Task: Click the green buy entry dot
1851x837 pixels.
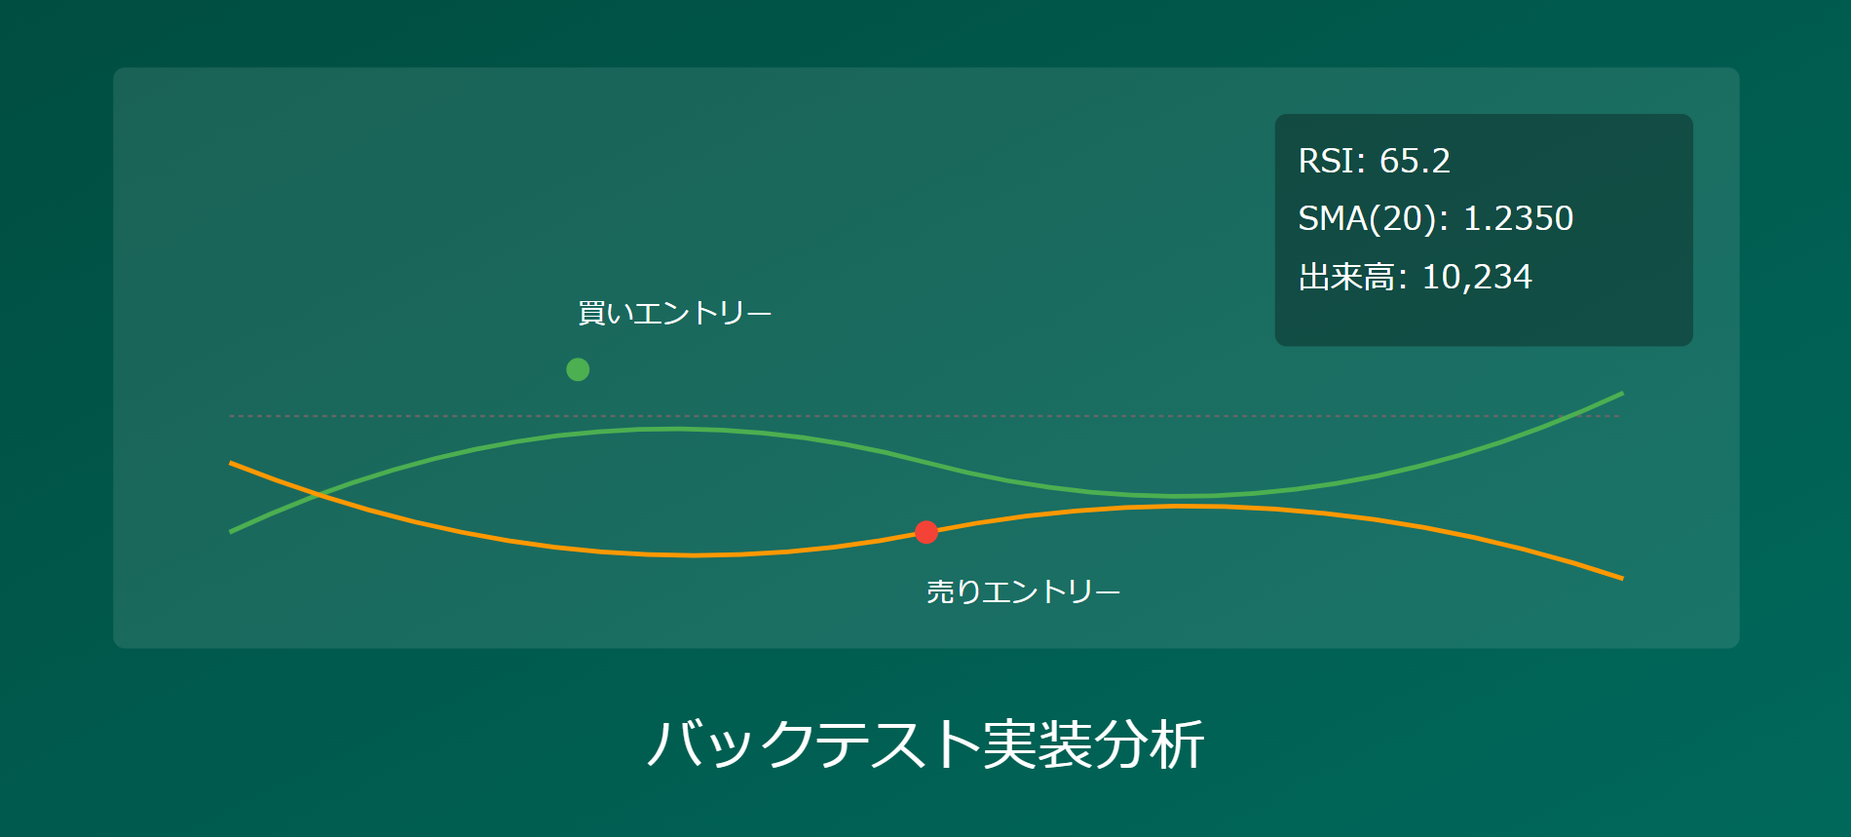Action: click(x=578, y=369)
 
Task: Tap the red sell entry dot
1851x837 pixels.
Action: click(x=926, y=532)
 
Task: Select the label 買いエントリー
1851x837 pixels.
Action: click(x=674, y=314)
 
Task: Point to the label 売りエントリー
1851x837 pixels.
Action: click(x=1023, y=591)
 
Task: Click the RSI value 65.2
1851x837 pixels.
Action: click(x=1415, y=161)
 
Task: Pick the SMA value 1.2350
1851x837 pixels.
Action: click(x=1518, y=218)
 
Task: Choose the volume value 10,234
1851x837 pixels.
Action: click(x=1477, y=277)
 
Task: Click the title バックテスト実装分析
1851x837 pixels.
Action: click(x=925, y=744)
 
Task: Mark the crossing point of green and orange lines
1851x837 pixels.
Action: click(x=318, y=495)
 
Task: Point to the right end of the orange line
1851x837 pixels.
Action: click(x=1622, y=578)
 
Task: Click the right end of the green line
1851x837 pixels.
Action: click(x=1622, y=394)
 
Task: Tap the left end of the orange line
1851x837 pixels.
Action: click(x=231, y=463)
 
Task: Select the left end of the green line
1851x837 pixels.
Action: click(x=231, y=531)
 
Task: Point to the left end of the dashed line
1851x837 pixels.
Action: click(x=231, y=416)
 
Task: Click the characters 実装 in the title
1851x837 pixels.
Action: click(x=1038, y=744)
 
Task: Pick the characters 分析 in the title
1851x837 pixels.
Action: click(x=1150, y=744)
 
